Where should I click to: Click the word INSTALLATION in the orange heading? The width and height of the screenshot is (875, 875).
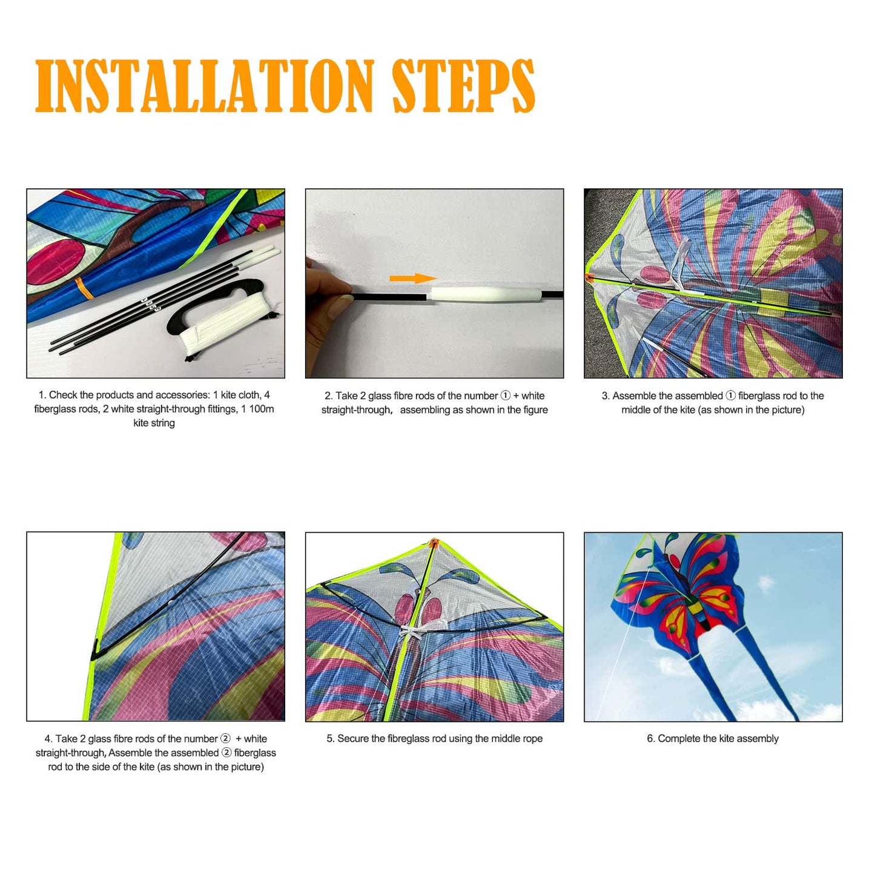[x=205, y=86]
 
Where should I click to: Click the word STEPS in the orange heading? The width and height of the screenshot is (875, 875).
[x=463, y=86]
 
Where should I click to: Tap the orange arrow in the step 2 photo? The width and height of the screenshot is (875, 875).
[x=413, y=278]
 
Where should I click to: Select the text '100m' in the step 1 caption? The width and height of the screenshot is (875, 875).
[x=262, y=409]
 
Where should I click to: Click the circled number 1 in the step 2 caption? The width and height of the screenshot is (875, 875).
[x=506, y=395]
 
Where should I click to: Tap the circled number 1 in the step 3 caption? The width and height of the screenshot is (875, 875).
[x=730, y=395]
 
